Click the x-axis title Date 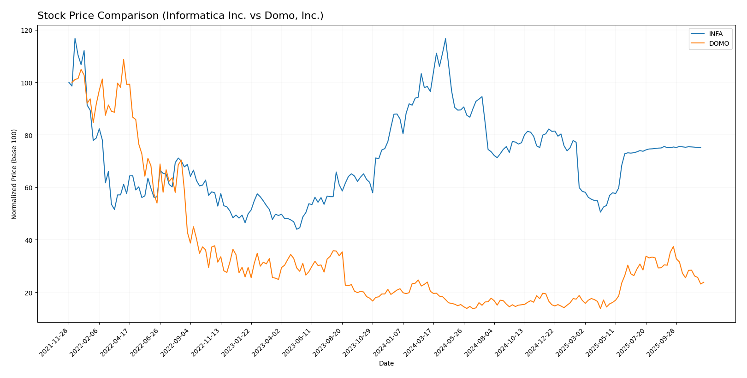click(x=386, y=364)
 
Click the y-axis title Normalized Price click(x=14, y=174)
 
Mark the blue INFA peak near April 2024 click(x=445, y=39)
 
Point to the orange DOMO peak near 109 click(x=124, y=60)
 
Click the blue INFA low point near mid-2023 click(x=297, y=229)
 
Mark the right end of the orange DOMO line click(x=704, y=282)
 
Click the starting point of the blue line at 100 click(x=69, y=83)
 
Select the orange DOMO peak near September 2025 click(x=673, y=246)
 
